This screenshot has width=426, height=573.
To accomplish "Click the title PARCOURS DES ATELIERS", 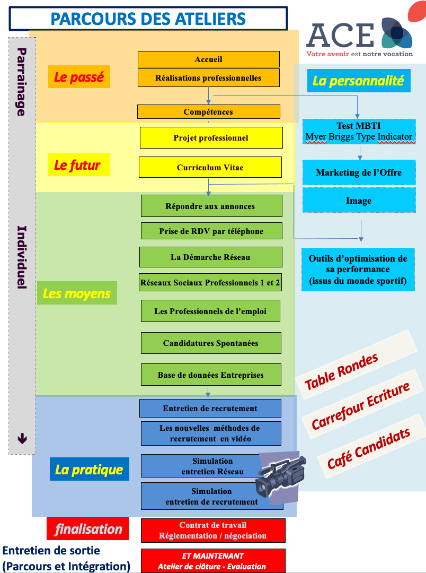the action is coord(148,19).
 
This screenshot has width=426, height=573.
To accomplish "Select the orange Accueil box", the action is coord(208,59).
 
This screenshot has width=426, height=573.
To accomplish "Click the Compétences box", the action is coord(208,111).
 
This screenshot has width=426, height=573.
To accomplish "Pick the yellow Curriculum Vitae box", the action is coord(210,167).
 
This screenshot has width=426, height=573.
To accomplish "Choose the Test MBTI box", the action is coord(359,132).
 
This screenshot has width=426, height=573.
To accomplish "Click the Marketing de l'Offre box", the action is coord(359,172).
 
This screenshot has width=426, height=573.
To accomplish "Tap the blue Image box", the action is coord(359,201).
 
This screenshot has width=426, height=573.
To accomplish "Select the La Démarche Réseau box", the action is coord(210,257).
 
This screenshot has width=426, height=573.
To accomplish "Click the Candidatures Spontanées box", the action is coord(210,343).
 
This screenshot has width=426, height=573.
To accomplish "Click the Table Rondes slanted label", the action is coord(342,371).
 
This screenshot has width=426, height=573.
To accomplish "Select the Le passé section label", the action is coord(79,77).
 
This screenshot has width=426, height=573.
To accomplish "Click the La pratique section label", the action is coord(89,470).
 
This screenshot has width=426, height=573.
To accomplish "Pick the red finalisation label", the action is coord(88,529).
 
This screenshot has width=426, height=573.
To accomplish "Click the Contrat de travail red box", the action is coord(212,531).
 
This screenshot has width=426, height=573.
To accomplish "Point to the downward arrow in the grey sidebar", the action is coord(22,438).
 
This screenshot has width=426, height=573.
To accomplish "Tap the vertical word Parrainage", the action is coord(22,82).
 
